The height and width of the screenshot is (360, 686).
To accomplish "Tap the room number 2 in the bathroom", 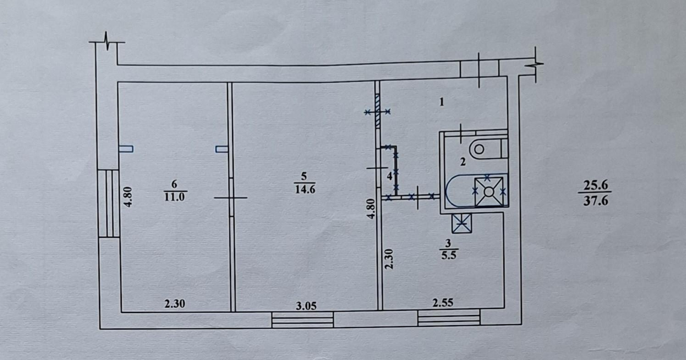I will (x=463, y=162).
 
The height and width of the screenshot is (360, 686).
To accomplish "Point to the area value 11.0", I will (x=174, y=196).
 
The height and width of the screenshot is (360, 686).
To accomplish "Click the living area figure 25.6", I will (x=595, y=185).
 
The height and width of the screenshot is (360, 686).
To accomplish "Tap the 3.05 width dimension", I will (x=307, y=305).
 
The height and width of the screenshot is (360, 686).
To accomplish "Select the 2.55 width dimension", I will (x=443, y=304).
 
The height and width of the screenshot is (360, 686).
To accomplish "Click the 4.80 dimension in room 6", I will (x=128, y=196).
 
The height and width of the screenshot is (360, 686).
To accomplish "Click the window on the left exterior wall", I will (x=108, y=203).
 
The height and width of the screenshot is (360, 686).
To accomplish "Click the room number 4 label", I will (x=389, y=176).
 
